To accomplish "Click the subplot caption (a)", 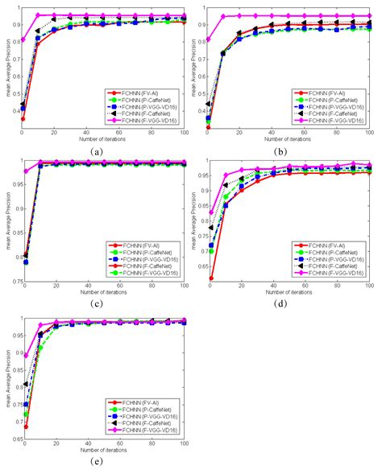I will (97, 150).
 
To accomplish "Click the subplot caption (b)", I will (284, 150).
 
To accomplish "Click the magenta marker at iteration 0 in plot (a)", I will (23, 40).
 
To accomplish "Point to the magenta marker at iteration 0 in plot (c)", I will (23, 171).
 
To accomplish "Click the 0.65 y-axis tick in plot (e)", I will (14, 441).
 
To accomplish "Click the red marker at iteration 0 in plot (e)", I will (23, 427).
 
